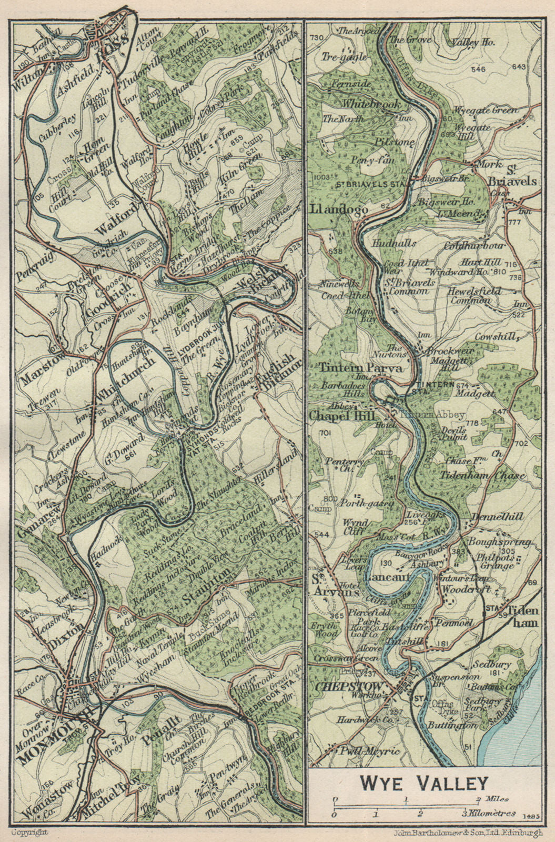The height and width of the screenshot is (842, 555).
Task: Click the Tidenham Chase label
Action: pyautogui.click(x=493, y=475)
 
